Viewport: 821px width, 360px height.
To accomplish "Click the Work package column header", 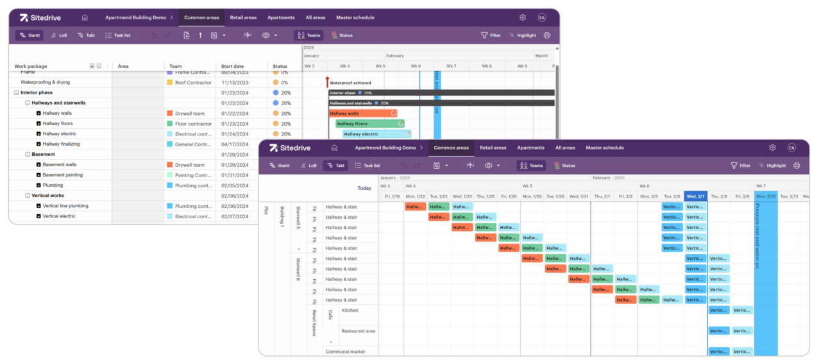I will coord(31,66).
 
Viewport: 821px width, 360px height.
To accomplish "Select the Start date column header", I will coord(232,66).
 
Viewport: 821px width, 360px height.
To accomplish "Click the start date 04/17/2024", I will coord(235,144).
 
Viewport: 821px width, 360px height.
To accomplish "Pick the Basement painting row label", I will coord(62,175).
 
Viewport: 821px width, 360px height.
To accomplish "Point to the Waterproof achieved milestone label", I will coord(350,83).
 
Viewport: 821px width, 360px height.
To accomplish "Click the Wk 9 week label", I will coord(522,66).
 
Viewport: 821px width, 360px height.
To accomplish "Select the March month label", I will coord(541,56).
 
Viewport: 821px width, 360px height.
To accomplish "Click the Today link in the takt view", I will coord(364,188).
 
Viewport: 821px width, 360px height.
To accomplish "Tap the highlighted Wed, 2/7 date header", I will coord(695,196).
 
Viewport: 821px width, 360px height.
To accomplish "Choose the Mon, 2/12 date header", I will coord(765,196).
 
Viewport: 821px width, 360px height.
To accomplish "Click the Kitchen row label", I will coord(350,311).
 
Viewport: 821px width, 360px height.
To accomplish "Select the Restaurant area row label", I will coord(358,331).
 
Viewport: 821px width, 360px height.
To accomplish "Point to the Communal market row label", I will coord(346,352).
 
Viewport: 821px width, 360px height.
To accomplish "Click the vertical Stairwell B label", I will coord(298,270).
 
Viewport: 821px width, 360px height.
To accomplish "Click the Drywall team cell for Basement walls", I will coord(190,165).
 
